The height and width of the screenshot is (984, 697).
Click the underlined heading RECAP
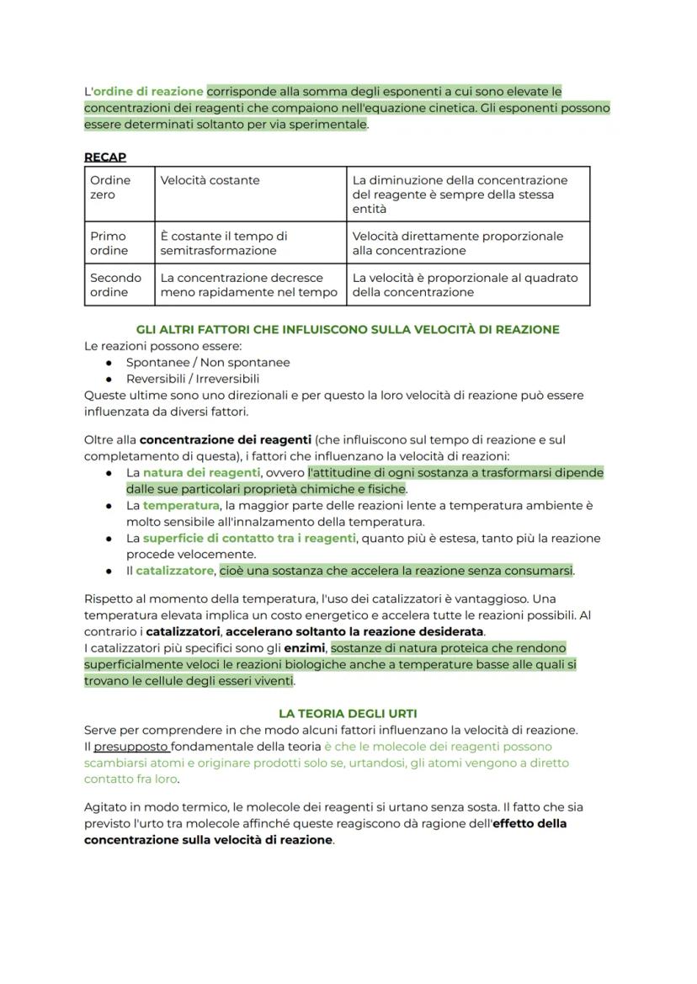click(104, 157)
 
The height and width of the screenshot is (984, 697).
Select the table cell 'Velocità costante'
click(210, 180)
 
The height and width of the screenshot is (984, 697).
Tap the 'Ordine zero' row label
click(110, 187)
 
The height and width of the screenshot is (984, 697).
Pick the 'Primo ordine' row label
click(109, 243)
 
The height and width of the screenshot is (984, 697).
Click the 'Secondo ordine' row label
click(115, 285)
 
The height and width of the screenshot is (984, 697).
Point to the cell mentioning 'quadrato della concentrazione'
click(465, 285)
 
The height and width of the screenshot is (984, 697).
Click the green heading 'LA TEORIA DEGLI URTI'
click(348, 713)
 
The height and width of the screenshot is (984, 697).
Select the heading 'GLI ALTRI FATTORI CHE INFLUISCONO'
click(348, 329)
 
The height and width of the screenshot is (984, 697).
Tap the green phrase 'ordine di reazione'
click(148, 91)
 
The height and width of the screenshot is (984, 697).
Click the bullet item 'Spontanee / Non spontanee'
click(208, 362)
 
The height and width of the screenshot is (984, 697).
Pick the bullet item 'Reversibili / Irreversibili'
click(193, 379)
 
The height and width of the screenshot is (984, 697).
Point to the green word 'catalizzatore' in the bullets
click(174, 571)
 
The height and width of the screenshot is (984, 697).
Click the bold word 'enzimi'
click(305, 648)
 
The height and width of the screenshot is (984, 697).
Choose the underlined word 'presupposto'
click(130, 747)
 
